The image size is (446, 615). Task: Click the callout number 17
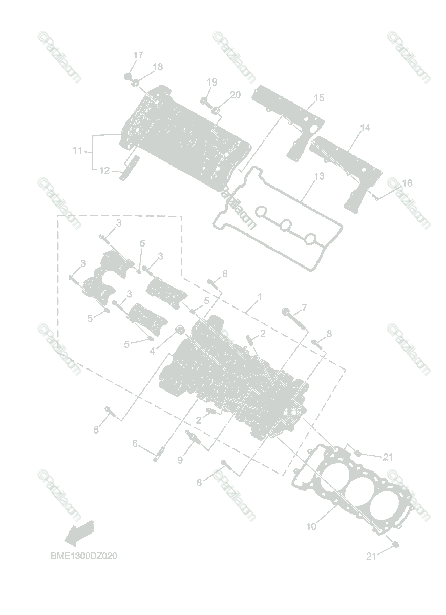tap(139, 55)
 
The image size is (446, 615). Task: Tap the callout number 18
tap(158, 67)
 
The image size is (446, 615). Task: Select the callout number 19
tap(212, 82)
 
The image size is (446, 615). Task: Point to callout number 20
tap(235, 95)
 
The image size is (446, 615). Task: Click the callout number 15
tap(319, 97)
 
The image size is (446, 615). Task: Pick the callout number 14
tap(365, 127)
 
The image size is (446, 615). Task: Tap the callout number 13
tap(319, 176)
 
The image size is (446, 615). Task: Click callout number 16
tap(407, 183)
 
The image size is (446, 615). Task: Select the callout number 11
tap(77, 151)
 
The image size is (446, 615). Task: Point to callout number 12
tap(104, 170)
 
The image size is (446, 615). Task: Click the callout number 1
tap(260, 297)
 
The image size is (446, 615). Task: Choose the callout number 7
tap(304, 307)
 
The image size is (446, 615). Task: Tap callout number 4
tap(152, 352)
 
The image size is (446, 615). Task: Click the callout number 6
tap(135, 443)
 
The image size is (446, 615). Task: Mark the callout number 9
tap(180, 460)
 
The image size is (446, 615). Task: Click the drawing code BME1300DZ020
tap(83, 556)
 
